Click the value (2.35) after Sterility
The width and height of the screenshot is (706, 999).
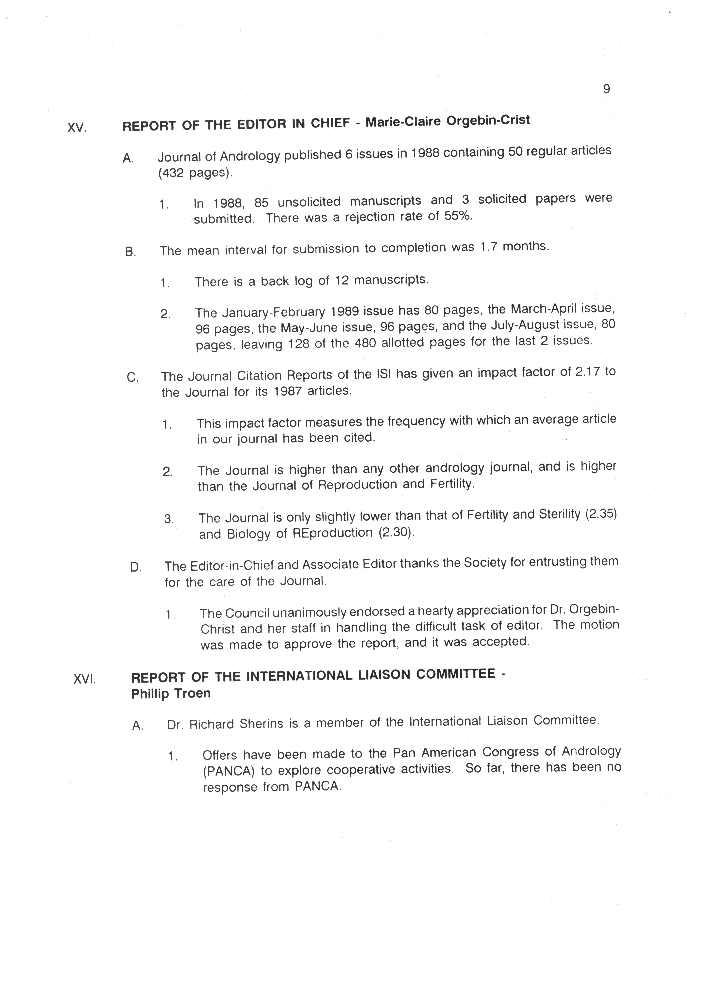(601, 514)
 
